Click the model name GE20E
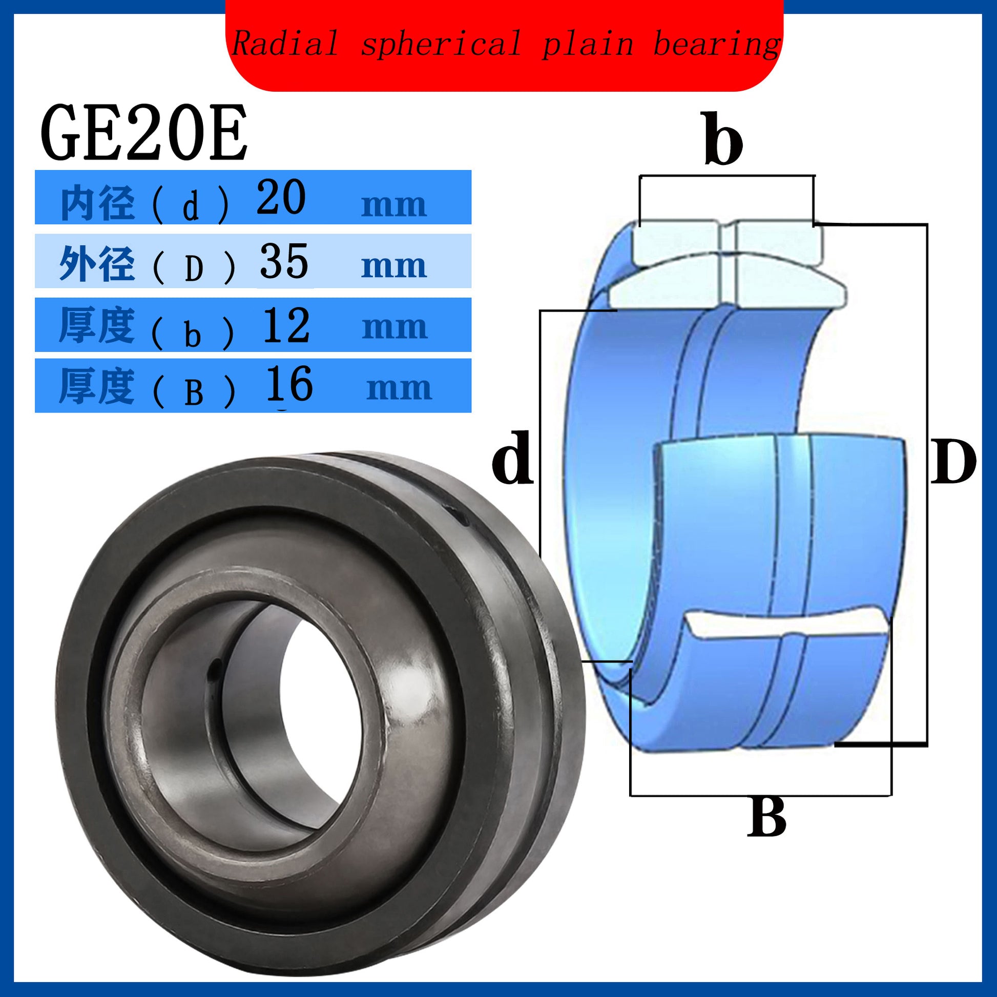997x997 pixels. (x=144, y=133)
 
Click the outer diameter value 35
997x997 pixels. (x=284, y=261)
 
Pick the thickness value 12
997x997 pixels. (x=286, y=325)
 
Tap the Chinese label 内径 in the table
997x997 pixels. (x=97, y=204)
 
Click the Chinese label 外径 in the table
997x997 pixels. (x=97, y=264)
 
